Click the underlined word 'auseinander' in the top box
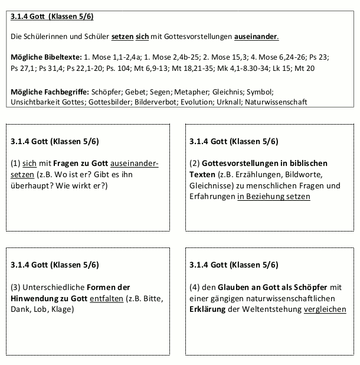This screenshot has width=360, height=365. pos(256,37)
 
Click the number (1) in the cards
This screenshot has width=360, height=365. pos(18,162)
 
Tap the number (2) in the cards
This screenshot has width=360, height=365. pos(196,162)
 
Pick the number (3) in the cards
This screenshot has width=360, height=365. pos(18,287)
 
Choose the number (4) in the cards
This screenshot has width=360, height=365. pos(196,287)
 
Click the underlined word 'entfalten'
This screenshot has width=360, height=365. pos(106,298)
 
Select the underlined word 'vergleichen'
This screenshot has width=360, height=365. pos(325,309)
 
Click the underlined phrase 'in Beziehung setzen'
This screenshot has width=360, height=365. pos(273,196)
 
